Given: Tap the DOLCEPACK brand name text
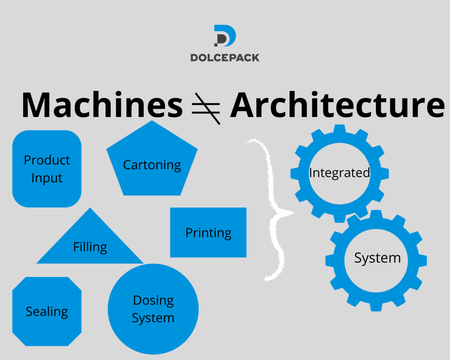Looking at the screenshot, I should click(225, 58).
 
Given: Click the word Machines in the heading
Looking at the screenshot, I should click(102, 105).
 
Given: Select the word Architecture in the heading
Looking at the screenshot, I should click(337, 105).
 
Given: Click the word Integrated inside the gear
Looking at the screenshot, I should click(339, 173).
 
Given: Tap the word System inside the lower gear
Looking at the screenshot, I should click(377, 258).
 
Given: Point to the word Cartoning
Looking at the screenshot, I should click(152, 165).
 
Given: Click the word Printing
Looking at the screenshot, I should click(208, 233).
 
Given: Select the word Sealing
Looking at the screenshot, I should click(47, 312).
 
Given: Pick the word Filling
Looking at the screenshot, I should click(90, 247).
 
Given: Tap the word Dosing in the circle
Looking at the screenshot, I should click(153, 301).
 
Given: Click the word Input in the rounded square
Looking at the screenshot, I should click(47, 178).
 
